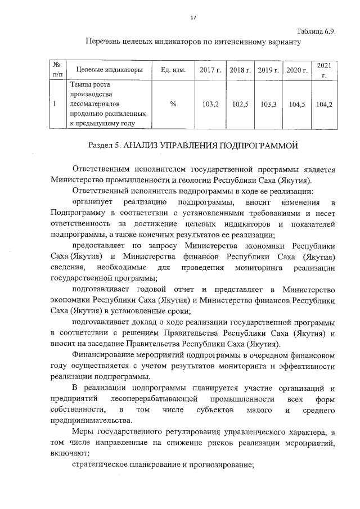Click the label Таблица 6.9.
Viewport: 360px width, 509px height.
click(x=316, y=31)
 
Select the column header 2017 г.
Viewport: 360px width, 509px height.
click(x=210, y=70)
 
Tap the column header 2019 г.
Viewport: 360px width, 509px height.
click(x=268, y=70)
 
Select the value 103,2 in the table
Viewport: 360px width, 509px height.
click(x=210, y=104)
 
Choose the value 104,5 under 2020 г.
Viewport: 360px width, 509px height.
click(x=296, y=104)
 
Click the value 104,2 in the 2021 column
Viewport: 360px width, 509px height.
click(x=324, y=104)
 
